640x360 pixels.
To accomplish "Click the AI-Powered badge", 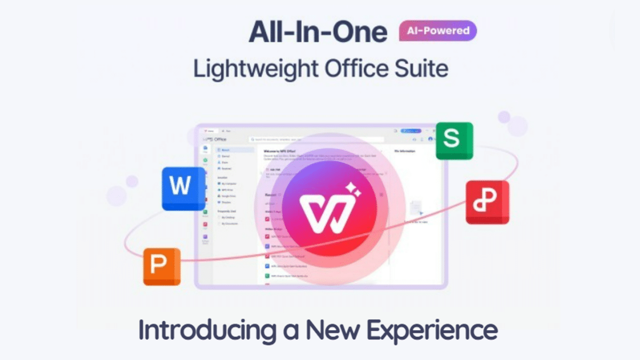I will pos(437,31).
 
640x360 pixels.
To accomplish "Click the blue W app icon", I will pos(183,188).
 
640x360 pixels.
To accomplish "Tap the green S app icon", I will pos(454,140).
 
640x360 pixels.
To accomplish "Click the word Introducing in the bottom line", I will pos(205,330).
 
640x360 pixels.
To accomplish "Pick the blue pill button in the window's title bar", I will pos(411,131).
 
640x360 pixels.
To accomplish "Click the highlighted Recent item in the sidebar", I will pos(235,150).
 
